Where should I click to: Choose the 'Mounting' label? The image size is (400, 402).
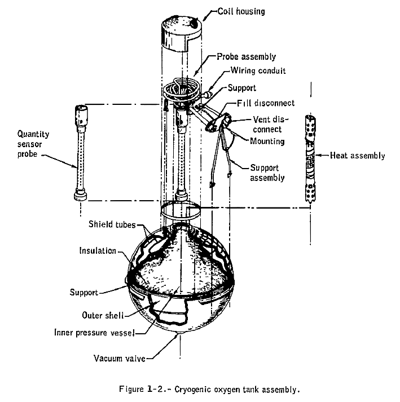click(x=267, y=140)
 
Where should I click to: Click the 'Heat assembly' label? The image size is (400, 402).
click(x=357, y=155)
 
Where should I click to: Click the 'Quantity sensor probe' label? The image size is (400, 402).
click(x=34, y=144)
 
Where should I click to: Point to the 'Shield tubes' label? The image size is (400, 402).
click(x=112, y=224)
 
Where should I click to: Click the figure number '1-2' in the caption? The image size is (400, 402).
click(x=161, y=388)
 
